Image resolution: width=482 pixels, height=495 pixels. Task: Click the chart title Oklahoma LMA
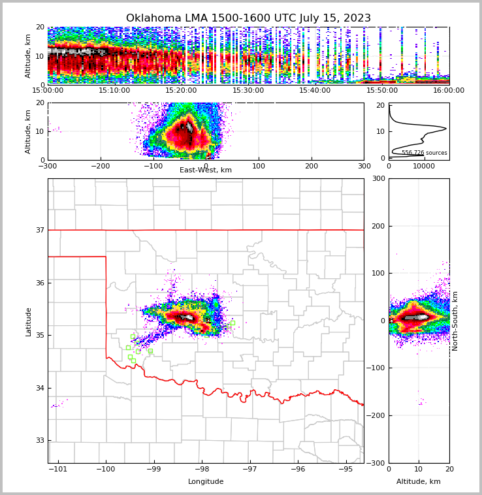[248, 18]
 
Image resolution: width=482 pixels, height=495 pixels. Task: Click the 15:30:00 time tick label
[248, 91]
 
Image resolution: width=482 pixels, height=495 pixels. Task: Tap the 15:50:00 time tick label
[382, 91]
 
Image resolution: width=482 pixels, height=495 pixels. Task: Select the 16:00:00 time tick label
[449, 91]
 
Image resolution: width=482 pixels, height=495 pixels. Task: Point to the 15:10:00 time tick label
[114, 91]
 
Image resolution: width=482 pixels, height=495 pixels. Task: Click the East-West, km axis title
[206, 170]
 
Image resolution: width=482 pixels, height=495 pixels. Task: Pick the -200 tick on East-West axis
[100, 166]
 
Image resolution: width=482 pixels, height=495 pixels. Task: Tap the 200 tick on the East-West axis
[311, 166]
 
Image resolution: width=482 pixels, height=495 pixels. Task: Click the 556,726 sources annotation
[425, 153]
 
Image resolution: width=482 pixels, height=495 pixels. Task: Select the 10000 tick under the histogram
[424, 166]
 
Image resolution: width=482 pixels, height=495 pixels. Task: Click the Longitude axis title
[206, 482]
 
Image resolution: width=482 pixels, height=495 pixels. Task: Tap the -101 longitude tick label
[58, 469]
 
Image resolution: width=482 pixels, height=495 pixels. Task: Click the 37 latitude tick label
[39, 230]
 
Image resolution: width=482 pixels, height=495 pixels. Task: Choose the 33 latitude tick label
[39, 440]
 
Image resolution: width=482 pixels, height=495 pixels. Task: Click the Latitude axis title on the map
[29, 321]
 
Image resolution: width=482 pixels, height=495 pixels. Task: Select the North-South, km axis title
[455, 321]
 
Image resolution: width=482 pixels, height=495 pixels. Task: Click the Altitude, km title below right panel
[419, 482]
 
